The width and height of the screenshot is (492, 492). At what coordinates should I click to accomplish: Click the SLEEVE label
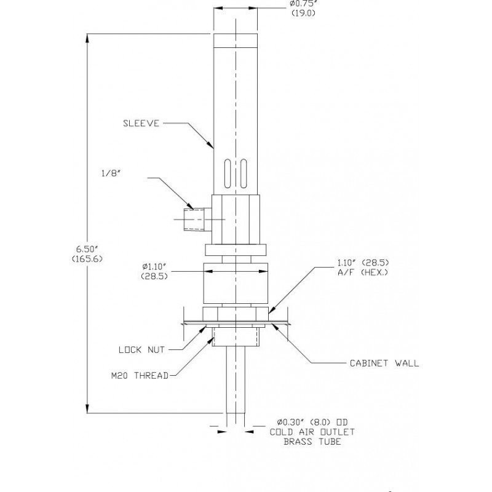141,123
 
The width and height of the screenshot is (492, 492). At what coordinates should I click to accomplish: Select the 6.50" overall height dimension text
87,248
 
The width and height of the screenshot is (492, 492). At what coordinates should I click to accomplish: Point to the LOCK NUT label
143,349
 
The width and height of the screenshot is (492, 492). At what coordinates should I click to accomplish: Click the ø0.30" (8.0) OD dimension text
312,422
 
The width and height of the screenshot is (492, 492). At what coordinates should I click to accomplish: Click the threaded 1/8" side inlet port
197,220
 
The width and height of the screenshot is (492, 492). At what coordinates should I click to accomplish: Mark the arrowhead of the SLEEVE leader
212,147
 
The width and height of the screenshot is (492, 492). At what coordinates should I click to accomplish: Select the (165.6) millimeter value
87,258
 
